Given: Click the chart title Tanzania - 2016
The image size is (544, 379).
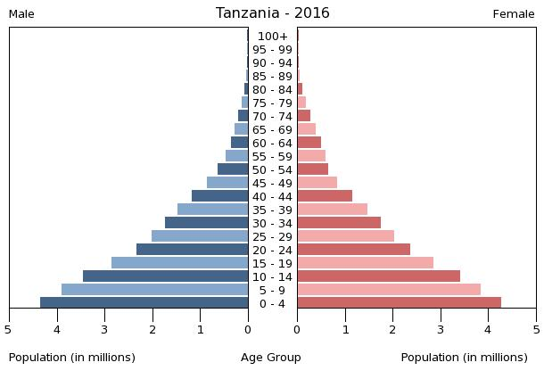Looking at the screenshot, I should tap(272, 13).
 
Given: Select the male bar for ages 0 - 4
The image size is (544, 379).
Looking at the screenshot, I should tap(144, 302).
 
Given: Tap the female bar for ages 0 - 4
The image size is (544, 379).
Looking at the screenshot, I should tap(399, 302).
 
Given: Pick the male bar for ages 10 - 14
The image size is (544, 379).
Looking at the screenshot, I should tap(166, 276).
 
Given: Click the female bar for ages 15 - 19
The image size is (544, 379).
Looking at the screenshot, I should tap(365, 262).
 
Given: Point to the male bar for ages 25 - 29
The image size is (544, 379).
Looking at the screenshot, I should tap(200, 235).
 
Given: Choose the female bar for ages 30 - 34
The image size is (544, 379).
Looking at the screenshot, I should tap(339, 222).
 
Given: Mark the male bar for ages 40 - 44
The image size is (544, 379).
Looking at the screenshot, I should tap(220, 195).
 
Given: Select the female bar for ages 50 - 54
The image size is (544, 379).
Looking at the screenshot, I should tap(313, 169).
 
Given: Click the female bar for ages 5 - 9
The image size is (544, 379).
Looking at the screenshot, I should tap(389, 289).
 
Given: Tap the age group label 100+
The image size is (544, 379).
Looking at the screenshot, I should tap(272, 37).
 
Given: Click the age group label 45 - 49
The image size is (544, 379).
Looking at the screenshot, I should tap(272, 183).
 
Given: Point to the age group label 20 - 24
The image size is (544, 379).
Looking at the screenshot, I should tap(272, 250).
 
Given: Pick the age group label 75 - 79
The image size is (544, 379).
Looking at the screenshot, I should tap(272, 103).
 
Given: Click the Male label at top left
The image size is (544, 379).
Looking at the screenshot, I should tap(21, 14).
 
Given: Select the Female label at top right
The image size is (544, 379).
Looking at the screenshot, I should tap(514, 14).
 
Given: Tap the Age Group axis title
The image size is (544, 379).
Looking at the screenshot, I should tap(271, 358).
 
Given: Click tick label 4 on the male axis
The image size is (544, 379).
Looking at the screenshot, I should tap(56, 330).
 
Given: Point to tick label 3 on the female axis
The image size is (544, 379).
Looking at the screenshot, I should tap(441, 330).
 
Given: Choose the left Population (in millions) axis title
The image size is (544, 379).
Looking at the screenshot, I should tap(72, 358).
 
